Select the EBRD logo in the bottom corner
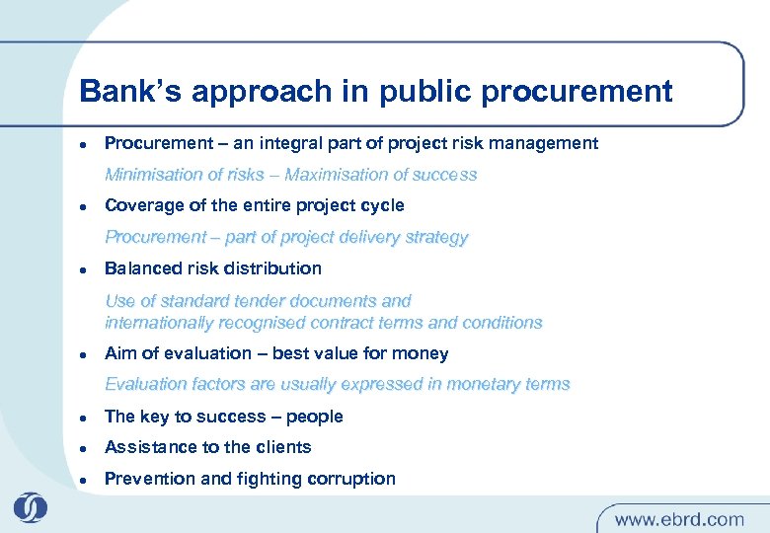[x=30, y=507]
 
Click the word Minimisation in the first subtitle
[x=151, y=175]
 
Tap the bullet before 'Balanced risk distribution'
[x=85, y=269]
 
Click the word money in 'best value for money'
[x=423, y=353]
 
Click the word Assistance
[x=143, y=447]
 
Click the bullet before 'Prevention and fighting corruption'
[x=85, y=480]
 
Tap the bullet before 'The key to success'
[x=85, y=418]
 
